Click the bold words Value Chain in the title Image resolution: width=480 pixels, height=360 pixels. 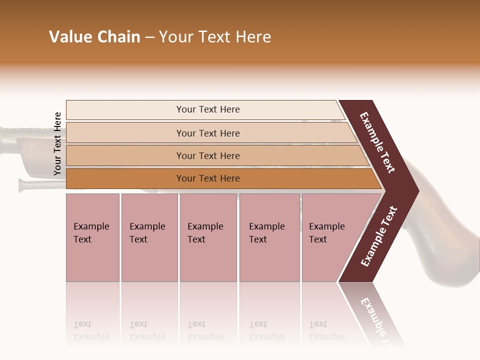tap(94, 37)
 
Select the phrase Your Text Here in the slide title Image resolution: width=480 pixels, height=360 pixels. tap(215, 37)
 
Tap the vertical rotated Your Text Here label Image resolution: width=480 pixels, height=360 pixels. tap(57, 143)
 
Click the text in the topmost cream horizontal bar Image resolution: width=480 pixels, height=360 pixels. tap(208, 109)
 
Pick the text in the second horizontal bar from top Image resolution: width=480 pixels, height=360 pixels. tap(208, 133)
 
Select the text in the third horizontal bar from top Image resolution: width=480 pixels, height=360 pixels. tap(208, 155)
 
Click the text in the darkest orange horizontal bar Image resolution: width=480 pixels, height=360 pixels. tap(208, 178)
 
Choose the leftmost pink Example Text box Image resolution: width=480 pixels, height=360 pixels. tap(92, 237)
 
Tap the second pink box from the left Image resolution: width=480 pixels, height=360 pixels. tap(149, 237)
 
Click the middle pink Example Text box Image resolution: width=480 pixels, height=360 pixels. tap(207, 237)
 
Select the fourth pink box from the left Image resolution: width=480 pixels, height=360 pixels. tap(269, 237)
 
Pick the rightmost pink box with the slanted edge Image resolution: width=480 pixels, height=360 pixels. tap(330, 237)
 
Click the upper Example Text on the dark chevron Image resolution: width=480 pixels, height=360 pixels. tap(377, 142)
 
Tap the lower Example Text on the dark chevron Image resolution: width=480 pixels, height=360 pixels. tap(379, 236)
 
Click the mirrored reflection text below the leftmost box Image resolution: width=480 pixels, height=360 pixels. tap(91, 331)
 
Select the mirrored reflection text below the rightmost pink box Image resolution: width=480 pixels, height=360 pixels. tap(326, 331)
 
